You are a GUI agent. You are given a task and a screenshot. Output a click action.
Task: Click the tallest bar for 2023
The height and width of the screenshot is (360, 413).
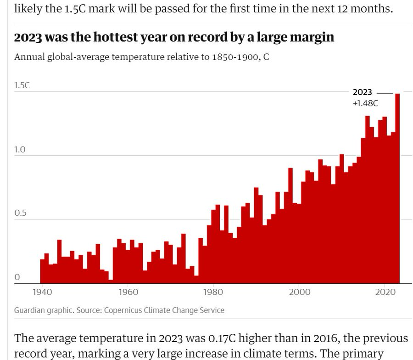pyautogui.click(x=397, y=188)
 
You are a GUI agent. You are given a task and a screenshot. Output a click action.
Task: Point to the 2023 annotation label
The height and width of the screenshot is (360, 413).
pyautogui.click(x=362, y=92)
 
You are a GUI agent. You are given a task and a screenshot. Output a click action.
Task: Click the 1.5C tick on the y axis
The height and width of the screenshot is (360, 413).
pyautogui.click(x=22, y=85)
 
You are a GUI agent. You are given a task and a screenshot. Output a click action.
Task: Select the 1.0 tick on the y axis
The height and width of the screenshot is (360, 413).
pyautogui.click(x=19, y=150)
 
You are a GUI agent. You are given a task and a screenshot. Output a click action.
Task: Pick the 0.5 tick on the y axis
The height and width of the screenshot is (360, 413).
pyautogui.click(x=19, y=214)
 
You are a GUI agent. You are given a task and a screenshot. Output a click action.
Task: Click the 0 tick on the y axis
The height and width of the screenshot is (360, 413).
pyautogui.click(x=17, y=277)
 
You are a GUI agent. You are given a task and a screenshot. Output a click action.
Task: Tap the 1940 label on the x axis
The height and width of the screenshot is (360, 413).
pyautogui.click(x=42, y=292)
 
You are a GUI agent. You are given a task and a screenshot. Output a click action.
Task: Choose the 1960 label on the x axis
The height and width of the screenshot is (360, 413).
pyautogui.click(x=128, y=292)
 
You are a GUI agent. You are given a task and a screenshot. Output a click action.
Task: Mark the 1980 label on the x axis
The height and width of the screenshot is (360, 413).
pyautogui.click(x=213, y=292)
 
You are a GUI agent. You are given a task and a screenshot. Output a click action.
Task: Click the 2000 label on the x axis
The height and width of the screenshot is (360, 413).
pyautogui.click(x=299, y=292)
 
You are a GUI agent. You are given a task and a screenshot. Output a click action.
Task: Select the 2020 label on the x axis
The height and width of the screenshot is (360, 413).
pyautogui.click(x=384, y=292)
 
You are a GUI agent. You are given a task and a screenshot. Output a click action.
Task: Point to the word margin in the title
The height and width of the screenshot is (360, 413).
pyautogui.click(x=312, y=37)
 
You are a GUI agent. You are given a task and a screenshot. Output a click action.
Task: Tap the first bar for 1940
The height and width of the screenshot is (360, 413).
pyautogui.click(x=42, y=271)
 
